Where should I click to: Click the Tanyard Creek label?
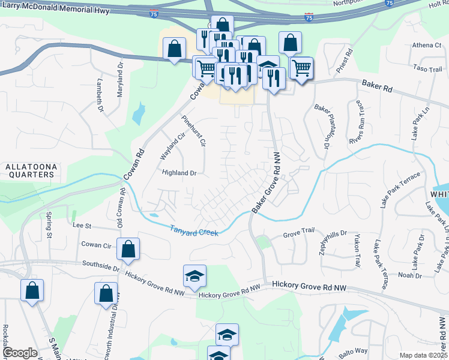click(193, 230)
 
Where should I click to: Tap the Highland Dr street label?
click(179, 173)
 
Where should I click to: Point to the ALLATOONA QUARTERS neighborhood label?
click(29, 170)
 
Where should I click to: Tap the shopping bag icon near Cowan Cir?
click(128, 249)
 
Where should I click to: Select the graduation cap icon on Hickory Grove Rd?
click(194, 276)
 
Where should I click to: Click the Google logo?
click(20, 353)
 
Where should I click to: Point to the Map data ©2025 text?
click(423, 356)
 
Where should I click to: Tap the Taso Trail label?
click(427, 70)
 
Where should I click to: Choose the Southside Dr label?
click(102, 266)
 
